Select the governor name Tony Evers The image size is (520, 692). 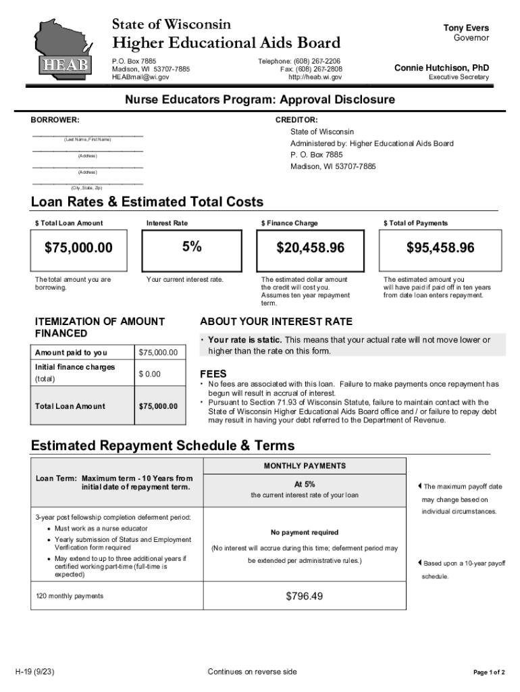tap(466, 28)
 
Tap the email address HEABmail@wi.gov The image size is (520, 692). tap(140, 78)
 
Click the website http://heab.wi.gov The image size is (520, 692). tap(315, 78)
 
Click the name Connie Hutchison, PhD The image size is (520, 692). tap(442, 68)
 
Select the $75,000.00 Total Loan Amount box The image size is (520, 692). tap(79, 248)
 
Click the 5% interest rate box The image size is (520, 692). tap(191, 247)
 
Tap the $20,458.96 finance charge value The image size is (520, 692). tap(310, 248)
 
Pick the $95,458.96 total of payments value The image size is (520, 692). tap(440, 248)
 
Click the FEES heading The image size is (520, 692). tap(213, 374)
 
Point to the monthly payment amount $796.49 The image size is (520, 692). tap(304, 596)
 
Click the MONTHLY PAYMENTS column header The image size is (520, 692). tap(305, 466)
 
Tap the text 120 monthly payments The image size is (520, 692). tap(70, 596)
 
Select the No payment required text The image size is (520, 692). tap(305, 533)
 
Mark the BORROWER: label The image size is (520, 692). tap(55, 120)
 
